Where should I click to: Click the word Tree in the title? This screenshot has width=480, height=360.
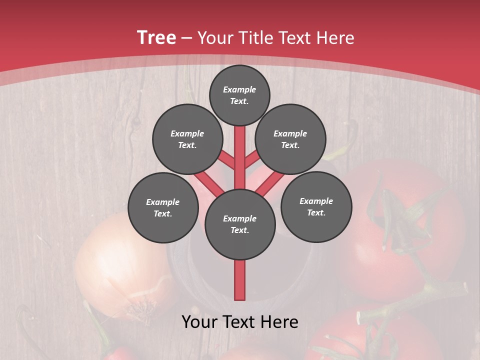click(x=156, y=37)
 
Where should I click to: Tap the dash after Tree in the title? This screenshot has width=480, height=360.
click(x=187, y=38)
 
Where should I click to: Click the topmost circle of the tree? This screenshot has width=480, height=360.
click(x=239, y=95)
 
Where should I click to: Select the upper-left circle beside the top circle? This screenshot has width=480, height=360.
click(x=187, y=139)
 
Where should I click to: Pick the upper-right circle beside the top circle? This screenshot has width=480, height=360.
click(x=290, y=139)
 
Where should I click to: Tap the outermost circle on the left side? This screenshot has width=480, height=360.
click(x=163, y=207)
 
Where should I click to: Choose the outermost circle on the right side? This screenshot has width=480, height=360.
click(x=316, y=206)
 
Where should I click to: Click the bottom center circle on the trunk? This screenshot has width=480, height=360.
click(x=240, y=224)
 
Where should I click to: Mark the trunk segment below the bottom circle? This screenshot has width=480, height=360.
click(x=240, y=280)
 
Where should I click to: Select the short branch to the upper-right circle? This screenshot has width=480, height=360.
click(x=251, y=160)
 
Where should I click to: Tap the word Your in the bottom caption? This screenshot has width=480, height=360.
click(x=200, y=322)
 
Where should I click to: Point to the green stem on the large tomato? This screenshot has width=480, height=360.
click(x=400, y=220)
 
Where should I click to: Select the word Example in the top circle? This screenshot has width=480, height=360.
click(x=239, y=89)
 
